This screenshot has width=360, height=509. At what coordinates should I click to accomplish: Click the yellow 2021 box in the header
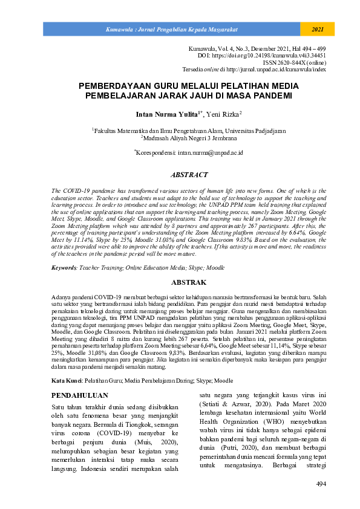[x=317, y=29]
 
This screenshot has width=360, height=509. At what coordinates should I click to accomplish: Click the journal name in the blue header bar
[x=171, y=29]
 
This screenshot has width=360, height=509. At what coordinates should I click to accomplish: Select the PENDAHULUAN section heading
[x=80, y=379]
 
